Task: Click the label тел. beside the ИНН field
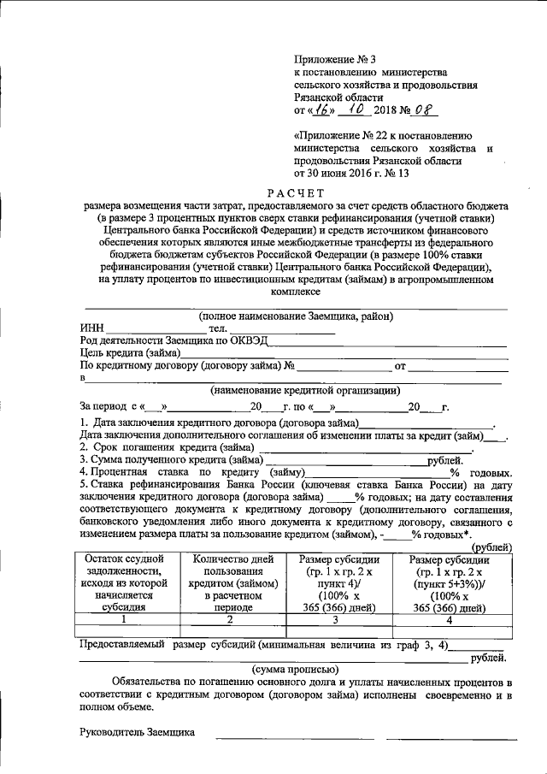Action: pyautogui.click(x=218, y=328)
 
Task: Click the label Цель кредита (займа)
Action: pyautogui.click(x=130, y=352)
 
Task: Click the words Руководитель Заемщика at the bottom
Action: pyautogui.click(x=138, y=732)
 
